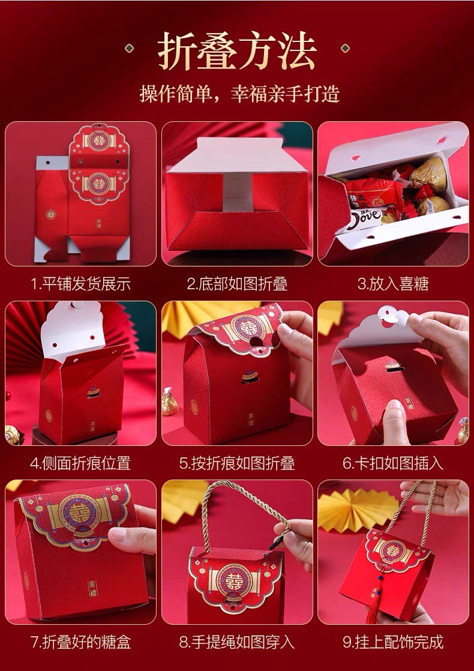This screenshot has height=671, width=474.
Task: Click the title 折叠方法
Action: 237,50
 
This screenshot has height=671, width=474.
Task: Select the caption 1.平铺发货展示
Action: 81,284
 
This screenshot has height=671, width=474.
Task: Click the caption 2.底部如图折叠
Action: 237,284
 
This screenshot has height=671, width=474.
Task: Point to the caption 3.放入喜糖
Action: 393,284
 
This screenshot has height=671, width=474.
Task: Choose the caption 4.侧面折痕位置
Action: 80,463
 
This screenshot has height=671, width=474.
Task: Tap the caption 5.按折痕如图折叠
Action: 237,463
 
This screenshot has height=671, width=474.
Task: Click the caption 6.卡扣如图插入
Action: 393,463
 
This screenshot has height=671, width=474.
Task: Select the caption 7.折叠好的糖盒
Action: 80,642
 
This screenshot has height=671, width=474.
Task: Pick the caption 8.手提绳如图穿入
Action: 237,642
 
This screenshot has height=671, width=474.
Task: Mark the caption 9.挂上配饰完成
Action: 393,642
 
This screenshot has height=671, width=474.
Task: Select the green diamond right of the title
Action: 345,49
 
